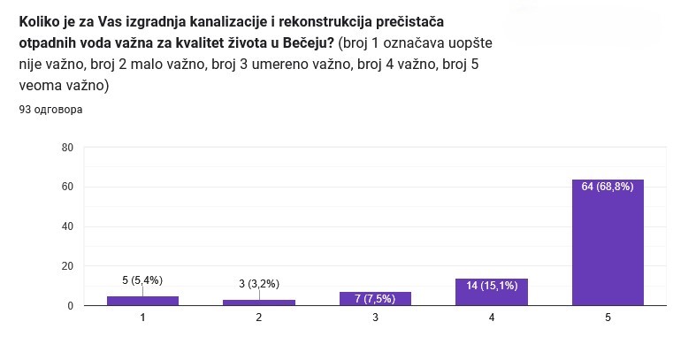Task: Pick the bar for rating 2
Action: pyautogui.click(x=259, y=303)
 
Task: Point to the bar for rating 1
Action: pyautogui.click(x=142, y=301)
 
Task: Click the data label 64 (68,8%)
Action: pyautogui.click(x=608, y=187)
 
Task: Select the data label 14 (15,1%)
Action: pyautogui.click(x=491, y=285)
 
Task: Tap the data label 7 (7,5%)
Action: pyautogui.click(x=375, y=298)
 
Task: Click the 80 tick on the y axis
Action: pyautogui.click(x=67, y=147)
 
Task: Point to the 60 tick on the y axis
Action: pyautogui.click(x=67, y=187)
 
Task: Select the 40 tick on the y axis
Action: pyautogui.click(x=67, y=226)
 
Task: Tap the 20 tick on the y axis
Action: pyautogui.click(x=67, y=266)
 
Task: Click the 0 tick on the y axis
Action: pyautogui.click(x=70, y=306)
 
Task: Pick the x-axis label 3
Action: pyautogui.click(x=375, y=317)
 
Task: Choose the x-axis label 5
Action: pyautogui.click(x=608, y=317)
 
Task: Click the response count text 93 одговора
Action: pyautogui.click(x=50, y=111)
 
